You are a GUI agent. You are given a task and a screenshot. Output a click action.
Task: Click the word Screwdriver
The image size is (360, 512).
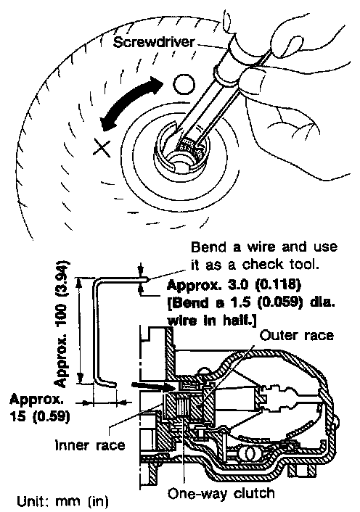coord(154,43)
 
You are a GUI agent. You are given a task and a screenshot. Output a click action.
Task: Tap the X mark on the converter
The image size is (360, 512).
coord(102,147)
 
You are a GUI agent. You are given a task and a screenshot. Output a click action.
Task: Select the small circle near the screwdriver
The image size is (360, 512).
coord(184,84)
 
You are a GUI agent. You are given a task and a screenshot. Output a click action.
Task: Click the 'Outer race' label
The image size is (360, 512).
coord(297,336)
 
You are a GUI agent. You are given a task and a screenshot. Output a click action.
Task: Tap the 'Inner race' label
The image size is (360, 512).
coord(90,445)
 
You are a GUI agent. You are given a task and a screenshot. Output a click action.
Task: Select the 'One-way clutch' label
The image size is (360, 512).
coord(221,493)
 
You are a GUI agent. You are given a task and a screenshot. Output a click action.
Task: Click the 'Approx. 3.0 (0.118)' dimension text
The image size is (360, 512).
coord(234,286)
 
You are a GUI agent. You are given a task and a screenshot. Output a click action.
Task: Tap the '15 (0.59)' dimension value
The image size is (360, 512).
coord(40,417)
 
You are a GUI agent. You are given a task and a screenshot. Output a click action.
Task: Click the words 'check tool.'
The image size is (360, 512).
coord(280,264)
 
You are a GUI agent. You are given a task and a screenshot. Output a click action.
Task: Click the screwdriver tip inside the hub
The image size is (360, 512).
coord(190,145)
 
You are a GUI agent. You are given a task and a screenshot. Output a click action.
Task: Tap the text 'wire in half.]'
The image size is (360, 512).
coord(211,321)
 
